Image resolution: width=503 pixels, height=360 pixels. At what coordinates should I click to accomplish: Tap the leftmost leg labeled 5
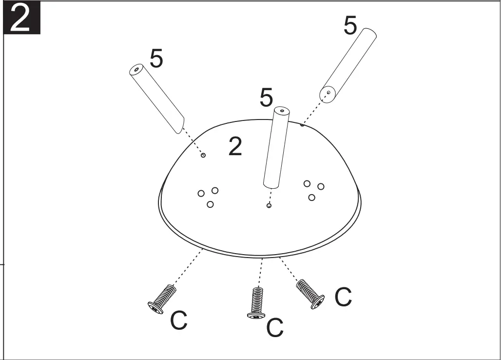click(156, 99)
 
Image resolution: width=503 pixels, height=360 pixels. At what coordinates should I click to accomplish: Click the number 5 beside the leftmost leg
click(156, 59)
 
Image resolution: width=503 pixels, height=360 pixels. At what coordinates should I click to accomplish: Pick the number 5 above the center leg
click(266, 98)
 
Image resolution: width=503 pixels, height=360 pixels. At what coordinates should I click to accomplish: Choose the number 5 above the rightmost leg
click(350, 26)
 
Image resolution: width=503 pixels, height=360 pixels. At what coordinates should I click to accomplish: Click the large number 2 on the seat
click(235, 146)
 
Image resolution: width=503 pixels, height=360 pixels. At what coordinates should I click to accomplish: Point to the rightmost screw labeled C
click(310, 293)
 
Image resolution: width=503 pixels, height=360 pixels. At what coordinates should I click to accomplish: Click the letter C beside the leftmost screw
click(179, 321)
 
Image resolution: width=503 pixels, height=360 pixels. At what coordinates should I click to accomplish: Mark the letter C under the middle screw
click(275, 328)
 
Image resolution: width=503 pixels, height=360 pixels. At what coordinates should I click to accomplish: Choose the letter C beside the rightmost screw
click(343, 297)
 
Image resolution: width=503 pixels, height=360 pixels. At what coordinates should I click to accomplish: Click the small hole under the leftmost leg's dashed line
click(203, 156)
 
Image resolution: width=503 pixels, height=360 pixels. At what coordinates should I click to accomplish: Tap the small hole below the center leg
click(269, 206)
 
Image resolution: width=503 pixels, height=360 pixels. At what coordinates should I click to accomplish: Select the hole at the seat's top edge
click(302, 125)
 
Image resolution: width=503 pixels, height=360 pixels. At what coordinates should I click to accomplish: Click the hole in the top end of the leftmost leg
click(136, 70)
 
